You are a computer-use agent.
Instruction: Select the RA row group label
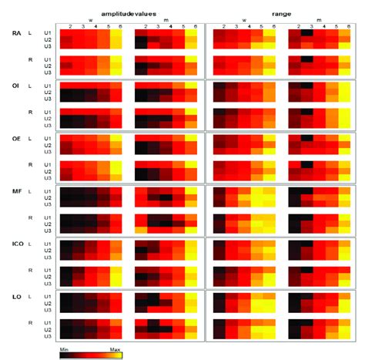[16, 33]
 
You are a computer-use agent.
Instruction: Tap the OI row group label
[16, 86]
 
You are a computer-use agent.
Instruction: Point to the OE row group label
[16, 139]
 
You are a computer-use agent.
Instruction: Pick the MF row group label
[16, 191]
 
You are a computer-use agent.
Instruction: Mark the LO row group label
[16, 297]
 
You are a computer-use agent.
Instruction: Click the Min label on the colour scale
[65, 348]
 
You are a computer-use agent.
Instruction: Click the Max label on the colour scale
[115, 348]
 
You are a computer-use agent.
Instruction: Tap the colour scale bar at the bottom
[90, 355]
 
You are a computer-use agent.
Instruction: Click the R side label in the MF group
[29, 218]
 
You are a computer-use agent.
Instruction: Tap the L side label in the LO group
[29, 297]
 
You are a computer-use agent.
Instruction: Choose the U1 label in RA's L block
[47, 33]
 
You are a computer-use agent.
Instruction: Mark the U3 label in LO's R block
[47, 336]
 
